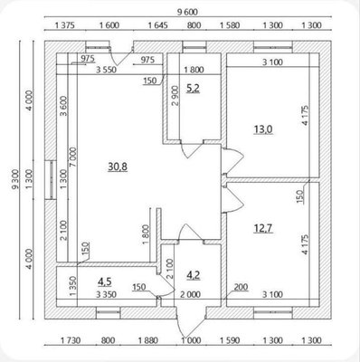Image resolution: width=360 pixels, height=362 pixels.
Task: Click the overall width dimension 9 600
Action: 187,12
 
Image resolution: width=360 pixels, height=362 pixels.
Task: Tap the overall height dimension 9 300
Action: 15,179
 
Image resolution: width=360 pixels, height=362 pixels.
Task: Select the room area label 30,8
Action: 118,167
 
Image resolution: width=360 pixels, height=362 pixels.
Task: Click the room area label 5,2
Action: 193,89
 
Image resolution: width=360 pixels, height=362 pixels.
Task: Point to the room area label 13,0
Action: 263,129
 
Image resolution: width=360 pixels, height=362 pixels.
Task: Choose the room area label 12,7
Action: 263,228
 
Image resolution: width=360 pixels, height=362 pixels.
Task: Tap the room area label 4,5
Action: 105,281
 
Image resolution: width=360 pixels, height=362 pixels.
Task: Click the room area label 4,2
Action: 194,275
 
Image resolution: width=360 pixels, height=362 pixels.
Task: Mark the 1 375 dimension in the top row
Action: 65,25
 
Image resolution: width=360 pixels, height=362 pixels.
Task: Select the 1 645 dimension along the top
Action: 157,25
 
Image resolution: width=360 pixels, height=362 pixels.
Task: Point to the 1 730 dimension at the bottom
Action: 71,340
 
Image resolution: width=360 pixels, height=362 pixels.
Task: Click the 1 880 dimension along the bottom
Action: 148,340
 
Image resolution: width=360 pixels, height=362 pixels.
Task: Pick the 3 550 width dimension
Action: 106,70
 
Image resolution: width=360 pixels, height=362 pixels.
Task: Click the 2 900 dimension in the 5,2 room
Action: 175,95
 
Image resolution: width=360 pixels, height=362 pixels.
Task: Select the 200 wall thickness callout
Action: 241,287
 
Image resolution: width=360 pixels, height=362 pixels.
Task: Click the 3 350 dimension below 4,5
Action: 106,294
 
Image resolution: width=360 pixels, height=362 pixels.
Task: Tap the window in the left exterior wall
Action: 51,179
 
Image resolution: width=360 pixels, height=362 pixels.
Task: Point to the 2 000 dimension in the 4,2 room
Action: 190,294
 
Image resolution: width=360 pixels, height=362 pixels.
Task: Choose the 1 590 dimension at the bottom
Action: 230,340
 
